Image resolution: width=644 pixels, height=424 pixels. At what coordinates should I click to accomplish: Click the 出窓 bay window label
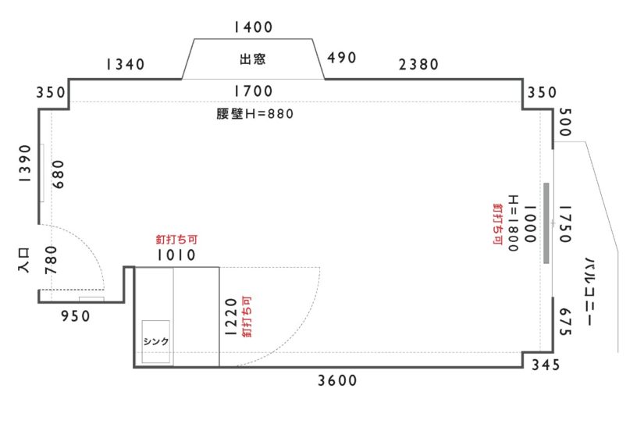pos(253,59)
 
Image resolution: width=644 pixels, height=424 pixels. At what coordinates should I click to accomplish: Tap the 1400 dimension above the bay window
pos(253,27)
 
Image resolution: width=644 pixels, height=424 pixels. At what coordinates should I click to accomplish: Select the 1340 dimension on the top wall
pos(125,64)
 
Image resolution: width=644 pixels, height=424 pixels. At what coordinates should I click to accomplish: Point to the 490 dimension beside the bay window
pos(341,58)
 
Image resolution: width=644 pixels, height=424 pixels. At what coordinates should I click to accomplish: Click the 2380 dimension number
pos(418,64)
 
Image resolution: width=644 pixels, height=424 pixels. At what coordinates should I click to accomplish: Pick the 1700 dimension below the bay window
pos(253,91)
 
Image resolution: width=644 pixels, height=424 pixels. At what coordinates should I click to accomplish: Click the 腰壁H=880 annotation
pos(255,113)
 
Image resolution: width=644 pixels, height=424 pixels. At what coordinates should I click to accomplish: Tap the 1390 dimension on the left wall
pos(25,163)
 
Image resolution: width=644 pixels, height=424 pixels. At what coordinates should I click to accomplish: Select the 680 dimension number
pos(59,174)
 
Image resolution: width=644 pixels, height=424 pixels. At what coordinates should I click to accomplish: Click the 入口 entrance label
pos(24,261)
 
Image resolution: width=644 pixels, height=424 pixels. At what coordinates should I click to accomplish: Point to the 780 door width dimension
pos(51,260)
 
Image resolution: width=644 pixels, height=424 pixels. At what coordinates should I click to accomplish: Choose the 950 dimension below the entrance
pos(75,316)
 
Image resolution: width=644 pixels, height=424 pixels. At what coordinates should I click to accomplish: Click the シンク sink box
pos(156,341)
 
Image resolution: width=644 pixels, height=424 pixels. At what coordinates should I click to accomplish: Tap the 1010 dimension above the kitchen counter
pos(176,255)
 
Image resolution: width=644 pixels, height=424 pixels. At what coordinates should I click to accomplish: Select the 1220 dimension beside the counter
pos(231,317)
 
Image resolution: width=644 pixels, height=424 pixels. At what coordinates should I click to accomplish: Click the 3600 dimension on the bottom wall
pos(337,381)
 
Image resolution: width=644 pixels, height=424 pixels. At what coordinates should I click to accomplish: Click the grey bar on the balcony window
pos(546,223)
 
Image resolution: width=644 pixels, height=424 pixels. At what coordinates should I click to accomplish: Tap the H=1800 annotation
pos(514,223)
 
